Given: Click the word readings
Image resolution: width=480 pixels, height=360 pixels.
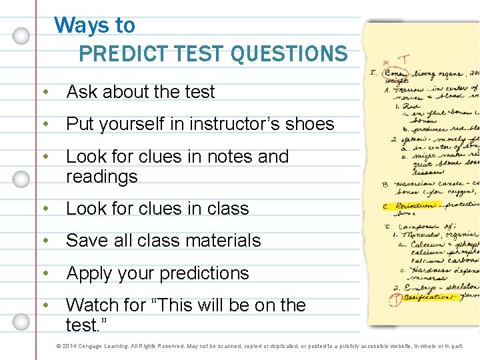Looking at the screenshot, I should [x=102, y=177].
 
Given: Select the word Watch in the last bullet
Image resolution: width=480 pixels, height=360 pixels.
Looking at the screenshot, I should [x=93, y=305].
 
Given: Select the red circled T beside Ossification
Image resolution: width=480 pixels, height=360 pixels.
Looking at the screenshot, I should [x=395, y=298].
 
